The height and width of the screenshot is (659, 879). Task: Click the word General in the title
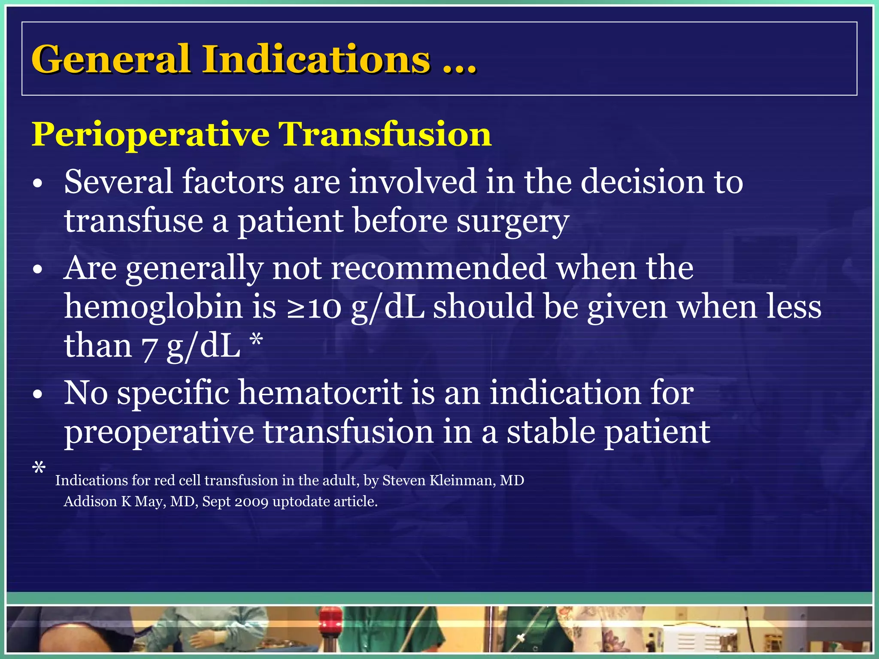pos(110,59)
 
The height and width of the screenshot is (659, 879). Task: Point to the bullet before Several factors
pos(38,184)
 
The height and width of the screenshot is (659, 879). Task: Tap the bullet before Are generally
pos(38,270)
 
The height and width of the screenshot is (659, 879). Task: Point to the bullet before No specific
pos(38,394)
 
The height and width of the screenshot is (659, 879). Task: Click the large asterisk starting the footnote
pos(39,468)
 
